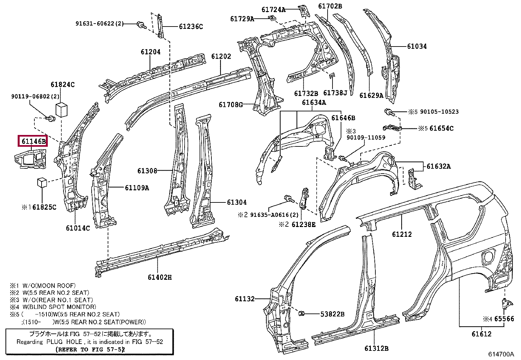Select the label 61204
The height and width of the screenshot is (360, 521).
pyautogui.click(x=151, y=52)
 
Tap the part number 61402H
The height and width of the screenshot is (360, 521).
pyautogui.click(x=160, y=277)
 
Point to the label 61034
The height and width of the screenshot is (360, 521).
pyautogui.click(x=417, y=46)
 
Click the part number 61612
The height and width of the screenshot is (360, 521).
pyautogui.click(x=481, y=334)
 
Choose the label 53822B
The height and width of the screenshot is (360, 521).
pyautogui.click(x=332, y=314)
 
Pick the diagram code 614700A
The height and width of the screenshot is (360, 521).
pyautogui.click(x=501, y=354)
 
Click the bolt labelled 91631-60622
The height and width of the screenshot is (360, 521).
pyautogui.click(x=141, y=25)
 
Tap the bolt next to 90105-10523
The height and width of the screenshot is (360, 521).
pyautogui.click(x=389, y=112)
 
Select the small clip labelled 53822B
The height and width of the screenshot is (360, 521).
pyautogui.click(x=301, y=313)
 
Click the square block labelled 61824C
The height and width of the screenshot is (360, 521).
pyautogui.click(x=62, y=109)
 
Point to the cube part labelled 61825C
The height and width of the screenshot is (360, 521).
pyautogui.click(x=42, y=182)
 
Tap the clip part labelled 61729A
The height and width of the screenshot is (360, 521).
pyautogui.click(x=272, y=18)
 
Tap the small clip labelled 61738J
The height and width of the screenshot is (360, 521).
pyautogui.click(x=332, y=75)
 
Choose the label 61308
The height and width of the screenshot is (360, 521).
pyautogui.click(x=147, y=171)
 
